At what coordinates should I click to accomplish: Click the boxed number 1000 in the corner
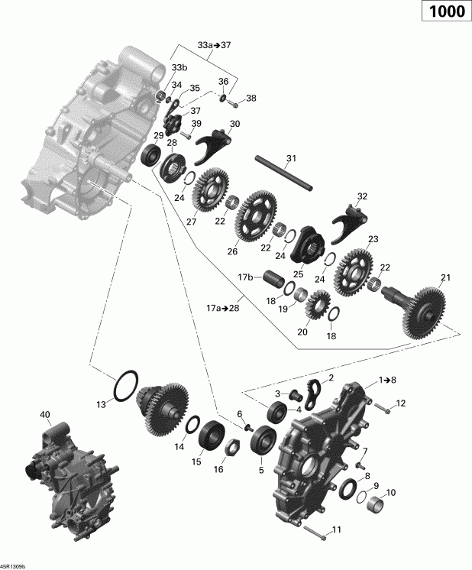click(x=440, y=15)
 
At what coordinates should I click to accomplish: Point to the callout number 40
click(x=45, y=415)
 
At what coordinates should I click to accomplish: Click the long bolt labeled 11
click(x=313, y=533)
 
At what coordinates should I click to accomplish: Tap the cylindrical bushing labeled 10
click(x=373, y=506)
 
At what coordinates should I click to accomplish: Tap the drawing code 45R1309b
click(x=13, y=566)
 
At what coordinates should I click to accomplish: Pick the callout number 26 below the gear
click(x=232, y=251)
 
